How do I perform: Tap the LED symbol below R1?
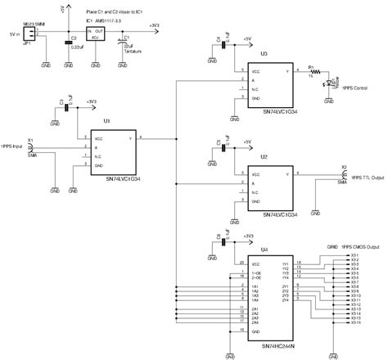(x=330, y=83)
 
